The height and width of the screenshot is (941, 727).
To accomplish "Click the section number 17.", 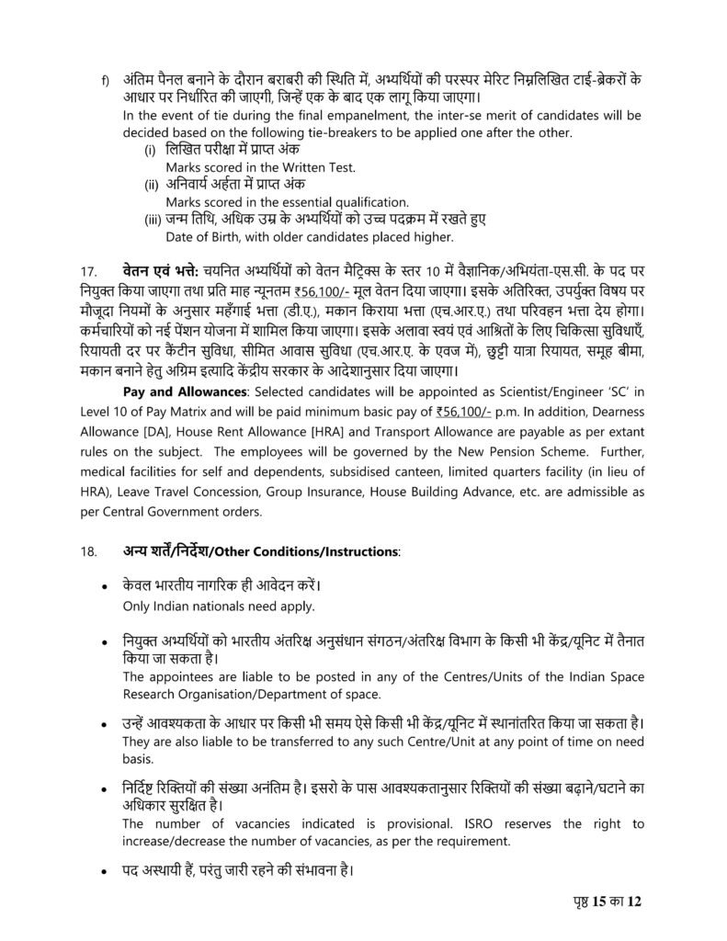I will click(89, 272).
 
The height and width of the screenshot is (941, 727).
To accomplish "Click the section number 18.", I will click(89, 551).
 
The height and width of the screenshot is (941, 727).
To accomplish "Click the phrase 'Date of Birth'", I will click(205, 237).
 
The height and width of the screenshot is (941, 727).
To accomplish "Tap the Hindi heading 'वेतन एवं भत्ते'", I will click(158, 272).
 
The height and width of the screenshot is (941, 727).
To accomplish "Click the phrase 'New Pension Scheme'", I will click(488, 452).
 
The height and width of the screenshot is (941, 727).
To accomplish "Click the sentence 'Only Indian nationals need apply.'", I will click(219, 606).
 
